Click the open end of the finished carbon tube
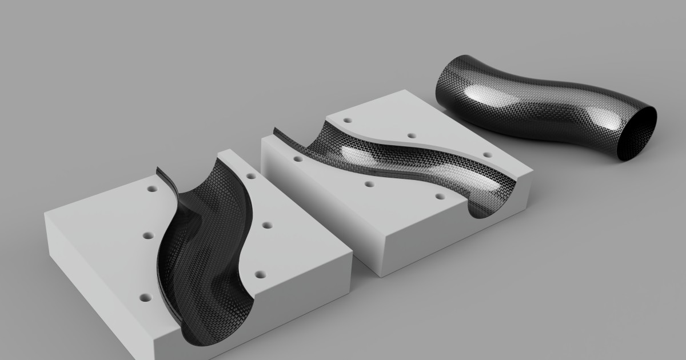tap(638, 135)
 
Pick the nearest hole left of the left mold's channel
tap(145, 298)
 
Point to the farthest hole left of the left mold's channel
tap(152, 187)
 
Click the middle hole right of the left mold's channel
tap(266, 225)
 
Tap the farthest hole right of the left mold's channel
tap(250, 177)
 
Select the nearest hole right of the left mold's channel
tap(261, 275)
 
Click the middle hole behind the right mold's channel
tap(410, 136)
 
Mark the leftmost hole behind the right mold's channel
tap(347, 121)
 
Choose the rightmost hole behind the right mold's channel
tap(486, 154)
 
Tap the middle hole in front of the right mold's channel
tap(369, 184)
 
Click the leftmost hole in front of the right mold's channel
tap(298, 158)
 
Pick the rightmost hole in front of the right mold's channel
tap(440, 196)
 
